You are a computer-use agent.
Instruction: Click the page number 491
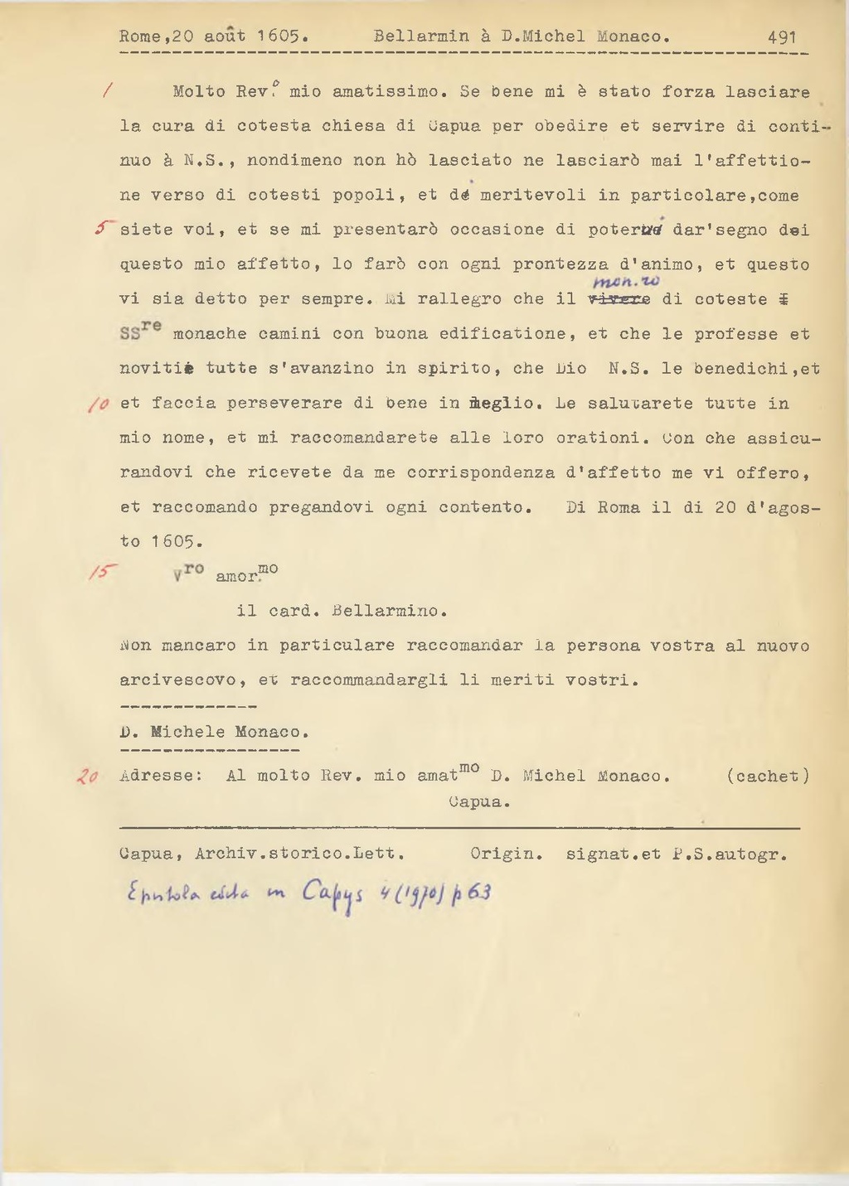tap(782, 36)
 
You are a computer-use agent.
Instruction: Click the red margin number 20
tap(87, 776)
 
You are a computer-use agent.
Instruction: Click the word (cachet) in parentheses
tap(767, 777)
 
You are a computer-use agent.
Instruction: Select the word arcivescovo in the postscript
tap(177, 680)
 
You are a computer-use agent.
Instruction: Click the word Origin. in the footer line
tap(506, 854)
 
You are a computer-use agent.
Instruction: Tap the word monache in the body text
tap(211, 335)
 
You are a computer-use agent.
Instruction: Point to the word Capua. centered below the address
tap(478, 802)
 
